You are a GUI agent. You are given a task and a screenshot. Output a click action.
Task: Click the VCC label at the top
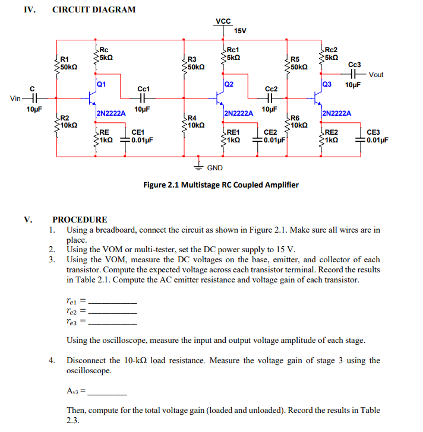(x=223, y=21)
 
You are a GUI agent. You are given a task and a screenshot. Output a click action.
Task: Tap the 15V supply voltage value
(x=240, y=30)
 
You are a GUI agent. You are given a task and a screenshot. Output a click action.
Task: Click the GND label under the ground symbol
(x=214, y=168)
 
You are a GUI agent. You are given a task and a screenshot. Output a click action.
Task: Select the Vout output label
(x=376, y=75)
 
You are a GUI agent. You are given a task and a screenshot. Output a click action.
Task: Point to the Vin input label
(x=15, y=98)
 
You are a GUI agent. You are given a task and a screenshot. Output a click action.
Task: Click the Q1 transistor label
(x=102, y=84)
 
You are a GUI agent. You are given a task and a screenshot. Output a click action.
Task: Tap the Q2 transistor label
(x=230, y=84)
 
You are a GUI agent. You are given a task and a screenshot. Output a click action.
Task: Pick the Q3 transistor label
(x=326, y=84)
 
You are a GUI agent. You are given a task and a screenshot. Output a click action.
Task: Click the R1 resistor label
(x=65, y=59)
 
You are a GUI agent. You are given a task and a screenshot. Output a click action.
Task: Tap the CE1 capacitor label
(x=137, y=132)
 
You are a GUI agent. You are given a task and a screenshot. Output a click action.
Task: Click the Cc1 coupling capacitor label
(x=143, y=89)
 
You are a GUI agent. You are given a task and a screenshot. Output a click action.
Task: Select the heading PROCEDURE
(x=80, y=220)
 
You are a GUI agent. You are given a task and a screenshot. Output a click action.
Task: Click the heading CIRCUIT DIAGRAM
(x=94, y=9)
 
